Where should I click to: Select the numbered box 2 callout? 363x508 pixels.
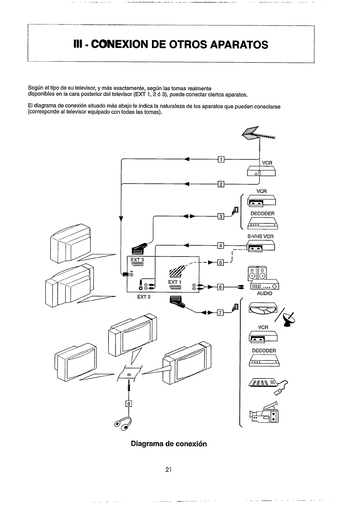[221, 184]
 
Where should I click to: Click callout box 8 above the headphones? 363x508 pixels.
[129, 404]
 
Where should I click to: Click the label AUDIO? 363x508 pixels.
[264, 294]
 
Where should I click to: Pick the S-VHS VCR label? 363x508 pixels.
[260, 236]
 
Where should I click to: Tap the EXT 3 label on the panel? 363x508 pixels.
[137, 260]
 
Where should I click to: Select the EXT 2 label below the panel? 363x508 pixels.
[144, 297]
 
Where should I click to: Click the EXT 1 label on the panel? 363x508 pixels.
[175, 282]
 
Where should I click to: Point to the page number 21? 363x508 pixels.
[169, 470]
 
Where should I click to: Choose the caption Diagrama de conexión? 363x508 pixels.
[169, 444]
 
